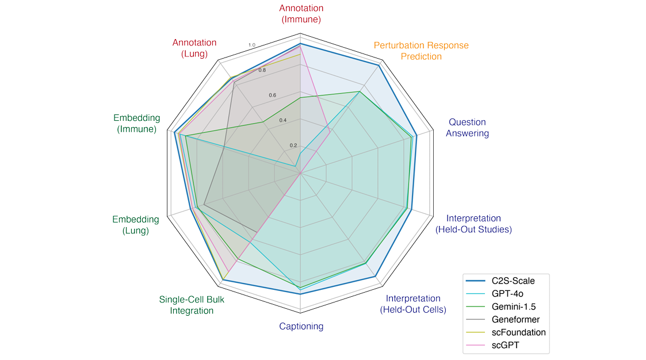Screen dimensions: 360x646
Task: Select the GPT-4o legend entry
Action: point(507,294)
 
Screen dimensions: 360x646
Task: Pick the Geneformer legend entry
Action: point(515,319)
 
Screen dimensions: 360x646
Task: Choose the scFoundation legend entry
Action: point(518,332)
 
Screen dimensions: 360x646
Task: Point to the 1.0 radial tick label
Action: point(251,45)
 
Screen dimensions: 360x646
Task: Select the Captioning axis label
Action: point(301,327)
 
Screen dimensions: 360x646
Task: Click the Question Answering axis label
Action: point(468,128)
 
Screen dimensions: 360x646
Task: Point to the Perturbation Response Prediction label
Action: point(421,51)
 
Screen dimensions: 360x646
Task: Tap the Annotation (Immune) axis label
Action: point(301,14)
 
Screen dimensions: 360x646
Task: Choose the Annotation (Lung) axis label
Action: point(194,48)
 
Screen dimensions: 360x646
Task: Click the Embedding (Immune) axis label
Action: point(137,124)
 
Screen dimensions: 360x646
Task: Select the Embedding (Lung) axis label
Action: point(135,225)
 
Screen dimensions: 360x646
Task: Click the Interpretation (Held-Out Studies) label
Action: point(473,224)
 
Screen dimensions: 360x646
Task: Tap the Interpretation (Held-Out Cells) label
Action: point(413,304)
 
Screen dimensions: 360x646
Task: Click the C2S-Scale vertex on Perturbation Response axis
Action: point(379,66)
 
